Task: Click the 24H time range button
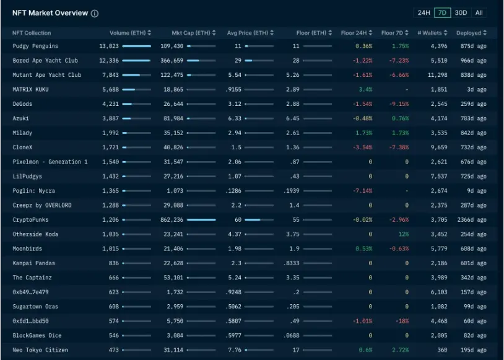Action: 424,13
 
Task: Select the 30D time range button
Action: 461,13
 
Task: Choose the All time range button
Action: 479,13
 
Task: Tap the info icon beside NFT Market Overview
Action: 94,14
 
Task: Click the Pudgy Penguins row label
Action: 35,46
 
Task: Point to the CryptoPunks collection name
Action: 31,219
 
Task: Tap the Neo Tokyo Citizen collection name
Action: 40,350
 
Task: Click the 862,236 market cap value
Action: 172,219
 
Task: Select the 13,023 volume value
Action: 108,46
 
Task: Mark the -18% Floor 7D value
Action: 402,321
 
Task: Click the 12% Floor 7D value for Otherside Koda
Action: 403,234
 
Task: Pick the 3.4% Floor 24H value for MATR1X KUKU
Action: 365,89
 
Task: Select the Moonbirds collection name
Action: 28,248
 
